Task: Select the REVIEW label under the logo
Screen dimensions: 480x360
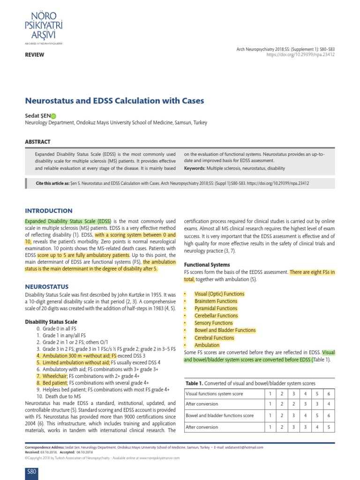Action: coord(34,55)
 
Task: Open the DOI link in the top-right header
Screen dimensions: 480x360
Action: coord(300,55)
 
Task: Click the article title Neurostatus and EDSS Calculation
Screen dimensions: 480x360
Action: coord(114,101)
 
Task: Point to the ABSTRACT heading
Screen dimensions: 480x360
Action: coord(37,142)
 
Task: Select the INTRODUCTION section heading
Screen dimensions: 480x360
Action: coord(48,211)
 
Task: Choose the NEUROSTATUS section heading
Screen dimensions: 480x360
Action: coord(46,286)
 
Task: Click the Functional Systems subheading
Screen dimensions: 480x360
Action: coord(207,265)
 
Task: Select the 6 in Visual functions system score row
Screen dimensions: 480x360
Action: coord(329,393)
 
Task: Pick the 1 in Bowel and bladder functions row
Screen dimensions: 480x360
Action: coord(270,415)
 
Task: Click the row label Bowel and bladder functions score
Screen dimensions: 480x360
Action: coord(219,415)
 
